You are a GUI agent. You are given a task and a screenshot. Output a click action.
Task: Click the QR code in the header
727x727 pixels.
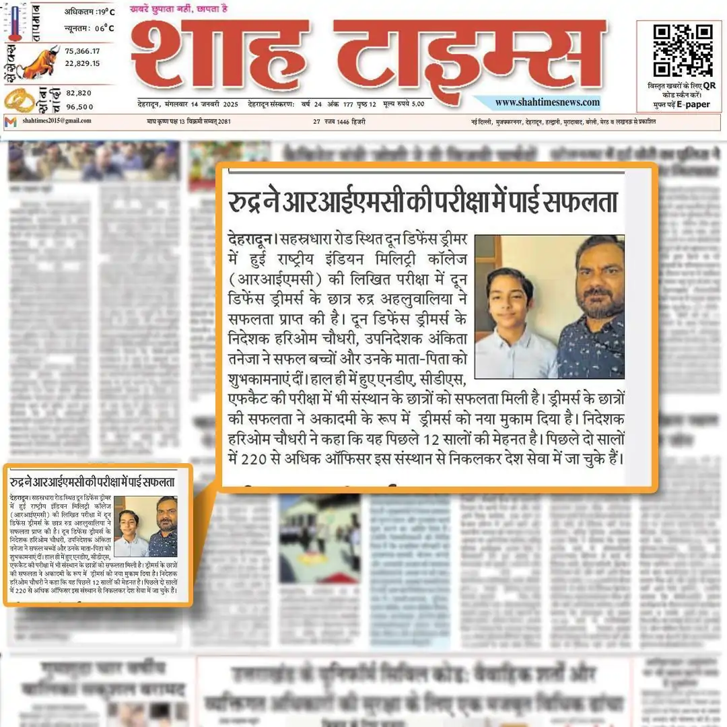(683, 50)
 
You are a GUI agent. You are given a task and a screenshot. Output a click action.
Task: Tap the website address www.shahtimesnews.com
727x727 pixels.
(547, 102)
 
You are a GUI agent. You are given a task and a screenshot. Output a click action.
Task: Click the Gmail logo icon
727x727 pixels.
(10, 122)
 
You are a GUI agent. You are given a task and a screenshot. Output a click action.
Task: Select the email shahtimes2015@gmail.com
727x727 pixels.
(57, 121)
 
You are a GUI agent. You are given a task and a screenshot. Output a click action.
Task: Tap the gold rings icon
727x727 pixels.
(19, 100)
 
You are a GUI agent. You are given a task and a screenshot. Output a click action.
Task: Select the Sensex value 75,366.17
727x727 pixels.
(83, 51)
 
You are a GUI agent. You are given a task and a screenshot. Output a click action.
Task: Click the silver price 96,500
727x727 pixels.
(79, 106)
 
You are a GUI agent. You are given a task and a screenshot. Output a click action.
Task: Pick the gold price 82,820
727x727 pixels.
(79, 94)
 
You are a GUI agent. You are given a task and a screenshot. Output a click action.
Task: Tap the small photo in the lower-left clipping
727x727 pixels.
(145, 526)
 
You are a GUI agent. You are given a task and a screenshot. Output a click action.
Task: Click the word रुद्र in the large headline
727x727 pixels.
(247, 203)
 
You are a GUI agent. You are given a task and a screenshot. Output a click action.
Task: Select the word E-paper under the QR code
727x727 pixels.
(693, 105)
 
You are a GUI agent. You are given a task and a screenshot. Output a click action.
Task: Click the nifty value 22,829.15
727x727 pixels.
(83, 63)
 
